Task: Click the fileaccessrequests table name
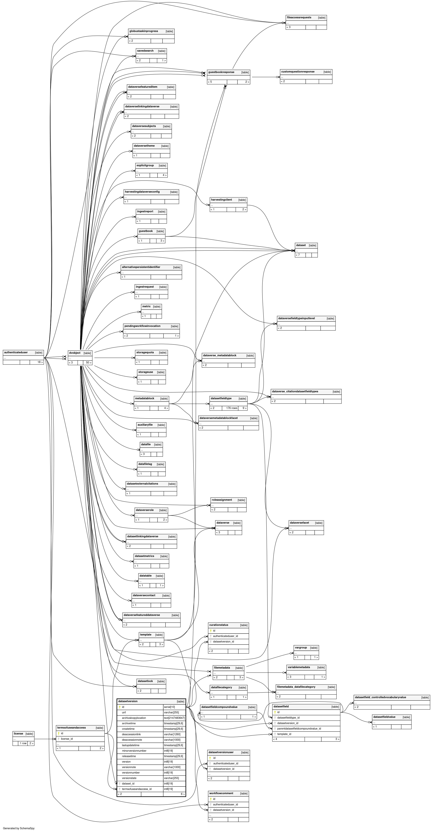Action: [x=299, y=18]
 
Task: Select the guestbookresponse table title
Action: [x=221, y=72]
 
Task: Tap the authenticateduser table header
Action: [x=16, y=352]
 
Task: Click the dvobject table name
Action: [x=75, y=353]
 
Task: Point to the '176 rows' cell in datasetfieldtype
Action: [x=232, y=408]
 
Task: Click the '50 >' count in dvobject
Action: [x=88, y=362]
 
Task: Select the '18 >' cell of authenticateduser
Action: [x=40, y=362]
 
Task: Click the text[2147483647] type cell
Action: [x=174, y=718]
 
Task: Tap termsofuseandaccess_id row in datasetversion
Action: [x=137, y=789]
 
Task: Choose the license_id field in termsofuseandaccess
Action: [x=67, y=739]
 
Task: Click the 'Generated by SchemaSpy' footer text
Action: [x=19, y=828]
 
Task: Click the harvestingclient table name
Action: [x=221, y=200]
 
